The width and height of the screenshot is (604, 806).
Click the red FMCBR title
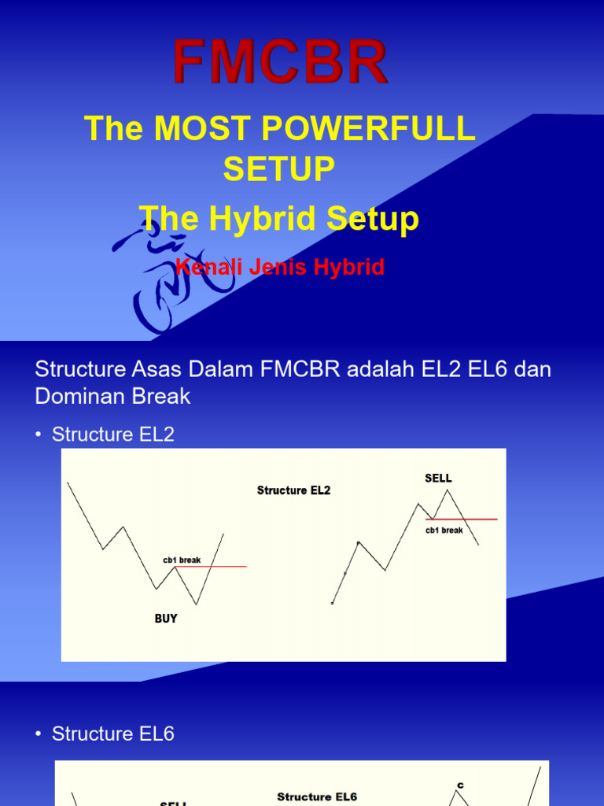(x=281, y=62)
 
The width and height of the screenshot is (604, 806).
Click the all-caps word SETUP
(x=279, y=168)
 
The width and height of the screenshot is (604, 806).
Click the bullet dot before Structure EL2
(x=39, y=434)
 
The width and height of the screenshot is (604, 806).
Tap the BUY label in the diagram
(x=166, y=619)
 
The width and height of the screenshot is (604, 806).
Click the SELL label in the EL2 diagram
(x=438, y=478)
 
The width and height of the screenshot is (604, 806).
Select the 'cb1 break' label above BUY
(x=182, y=560)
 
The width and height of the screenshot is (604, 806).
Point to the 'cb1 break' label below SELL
(x=444, y=531)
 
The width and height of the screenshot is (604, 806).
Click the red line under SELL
(x=472, y=519)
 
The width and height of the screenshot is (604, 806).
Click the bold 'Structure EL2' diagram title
(x=293, y=490)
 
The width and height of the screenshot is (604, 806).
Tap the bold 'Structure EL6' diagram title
(x=317, y=797)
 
